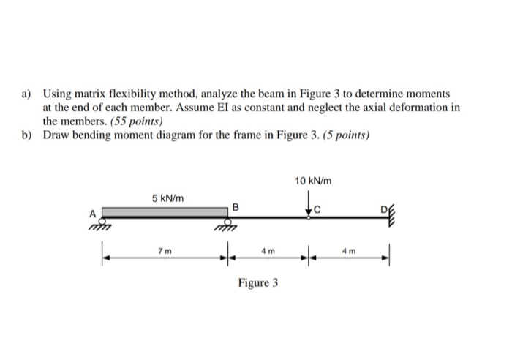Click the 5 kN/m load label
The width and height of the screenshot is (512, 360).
coord(167,198)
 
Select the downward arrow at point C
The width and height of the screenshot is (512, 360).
coord(309,203)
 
